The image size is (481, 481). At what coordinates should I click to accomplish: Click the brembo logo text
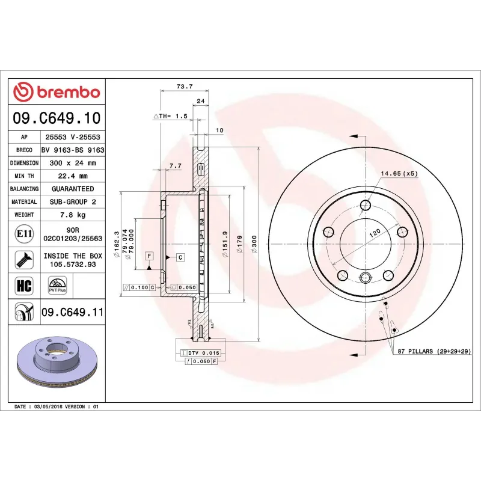(x=57, y=92)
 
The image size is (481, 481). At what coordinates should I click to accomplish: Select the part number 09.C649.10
(x=57, y=118)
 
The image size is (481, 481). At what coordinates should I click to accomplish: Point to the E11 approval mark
(x=24, y=233)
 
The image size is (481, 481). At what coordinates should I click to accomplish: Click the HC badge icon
(x=24, y=285)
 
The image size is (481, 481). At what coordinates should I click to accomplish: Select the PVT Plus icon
(x=57, y=285)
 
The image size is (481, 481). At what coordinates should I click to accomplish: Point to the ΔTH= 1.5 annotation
(x=171, y=115)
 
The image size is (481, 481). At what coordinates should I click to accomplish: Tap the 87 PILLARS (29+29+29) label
(x=434, y=351)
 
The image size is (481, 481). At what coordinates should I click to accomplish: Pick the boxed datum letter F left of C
(x=149, y=256)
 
